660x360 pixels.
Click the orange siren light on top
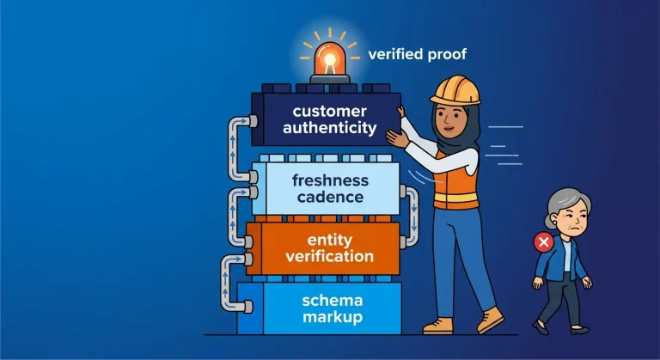[x=330, y=62]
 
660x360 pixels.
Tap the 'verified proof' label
[x=417, y=54]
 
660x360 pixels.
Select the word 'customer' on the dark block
[x=330, y=111]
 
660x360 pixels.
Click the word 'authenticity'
[x=330, y=127]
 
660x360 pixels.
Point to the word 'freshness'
[x=330, y=180]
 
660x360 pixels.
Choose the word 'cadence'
[x=330, y=197]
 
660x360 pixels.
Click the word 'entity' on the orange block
[x=330, y=241]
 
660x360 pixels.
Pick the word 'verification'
[x=330, y=256]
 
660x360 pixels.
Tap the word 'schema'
[x=332, y=301]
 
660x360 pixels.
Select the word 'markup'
[x=332, y=317]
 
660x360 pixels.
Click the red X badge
[x=543, y=242]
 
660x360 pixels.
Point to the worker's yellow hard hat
[x=455, y=89]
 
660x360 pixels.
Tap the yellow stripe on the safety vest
[x=456, y=197]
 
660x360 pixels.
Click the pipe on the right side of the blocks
[x=414, y=216]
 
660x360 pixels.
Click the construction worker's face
[x=450, y=120]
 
